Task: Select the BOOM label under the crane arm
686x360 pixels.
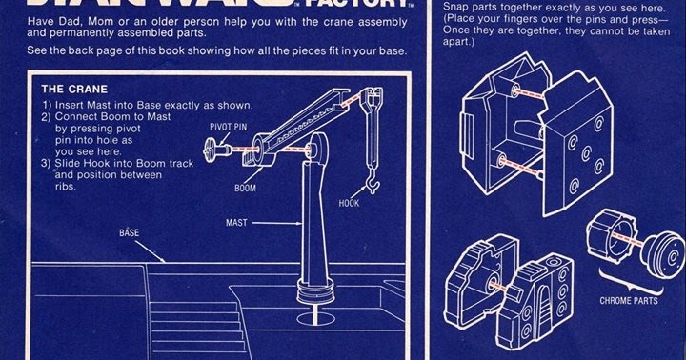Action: [246, 189]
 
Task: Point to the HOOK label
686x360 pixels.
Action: [350, 204]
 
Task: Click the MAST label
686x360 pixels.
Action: [238, 222]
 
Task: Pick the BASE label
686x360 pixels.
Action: [129, 232]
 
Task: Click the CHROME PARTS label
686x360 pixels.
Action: [628, 301]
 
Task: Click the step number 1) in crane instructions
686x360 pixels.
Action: [48, 105]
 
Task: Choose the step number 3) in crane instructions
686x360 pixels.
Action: [48, 163]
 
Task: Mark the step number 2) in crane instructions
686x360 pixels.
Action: [48, 116]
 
